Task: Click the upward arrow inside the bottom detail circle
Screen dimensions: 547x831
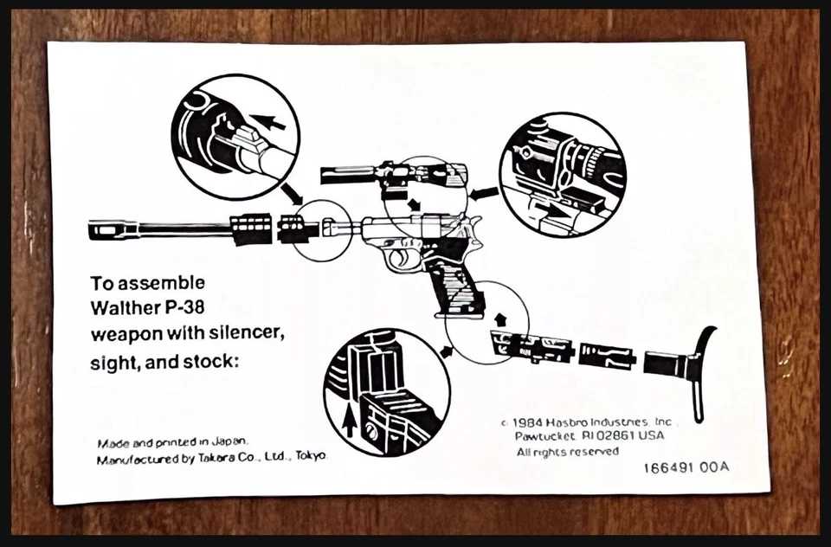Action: click(348, 422)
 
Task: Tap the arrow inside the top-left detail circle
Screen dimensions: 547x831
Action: click(271, 123)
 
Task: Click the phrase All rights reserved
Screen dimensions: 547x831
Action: click(568, 452)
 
